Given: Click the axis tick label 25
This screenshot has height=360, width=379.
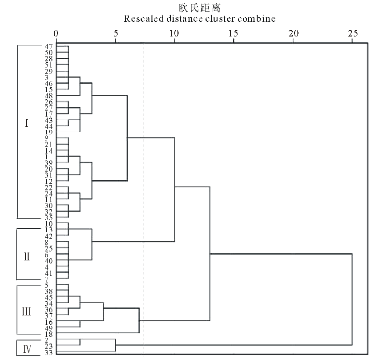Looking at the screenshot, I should (x=352, y=33).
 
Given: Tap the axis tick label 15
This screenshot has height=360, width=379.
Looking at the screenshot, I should (x=234, y=33).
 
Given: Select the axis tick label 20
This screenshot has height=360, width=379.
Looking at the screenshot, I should (x=293, y=33).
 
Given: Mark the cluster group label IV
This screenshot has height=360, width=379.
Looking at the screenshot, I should (x=26, y=348).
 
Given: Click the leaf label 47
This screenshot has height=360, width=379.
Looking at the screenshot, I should (x=49, y=46).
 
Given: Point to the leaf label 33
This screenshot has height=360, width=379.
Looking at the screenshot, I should (x=49, y=352).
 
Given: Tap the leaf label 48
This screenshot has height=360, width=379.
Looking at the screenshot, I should (x=49, y=96).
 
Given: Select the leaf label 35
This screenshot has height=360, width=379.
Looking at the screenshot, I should (x=49, y=218).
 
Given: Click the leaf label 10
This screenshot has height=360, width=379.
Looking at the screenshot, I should (x=49, y=223).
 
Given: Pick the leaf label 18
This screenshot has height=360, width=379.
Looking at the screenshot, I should (x=49, y=334).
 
